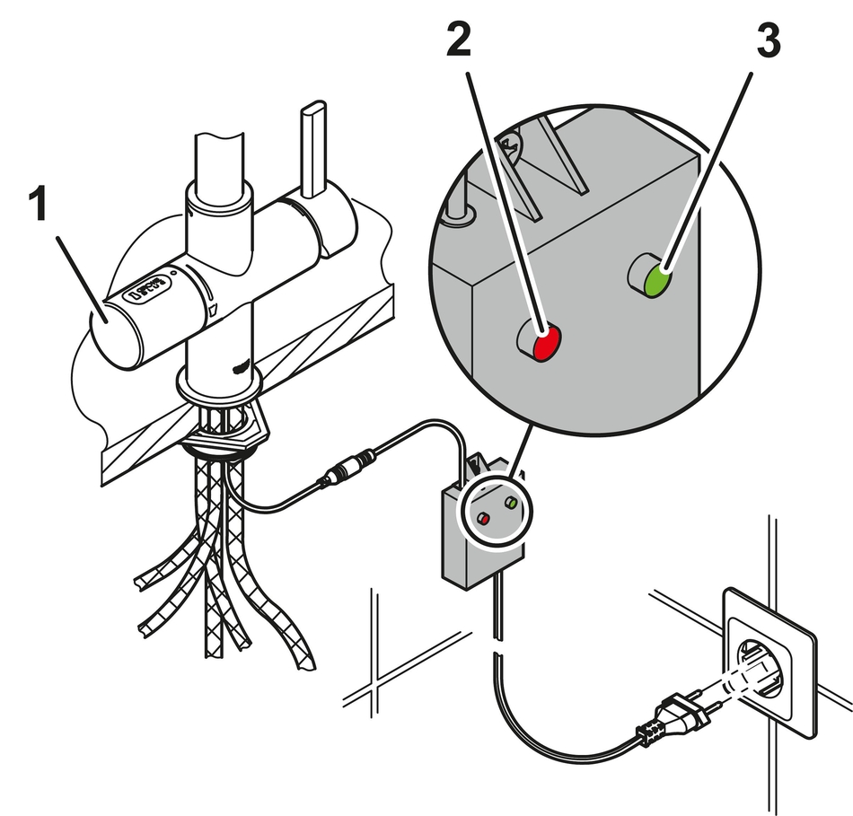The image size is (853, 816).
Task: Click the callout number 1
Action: point(39,206)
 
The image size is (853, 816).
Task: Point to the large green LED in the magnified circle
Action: point(658,280)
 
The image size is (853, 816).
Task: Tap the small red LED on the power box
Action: point(482,519)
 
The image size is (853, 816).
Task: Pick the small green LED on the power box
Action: point(512,504)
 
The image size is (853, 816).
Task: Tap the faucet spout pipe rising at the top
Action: point(218,162)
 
